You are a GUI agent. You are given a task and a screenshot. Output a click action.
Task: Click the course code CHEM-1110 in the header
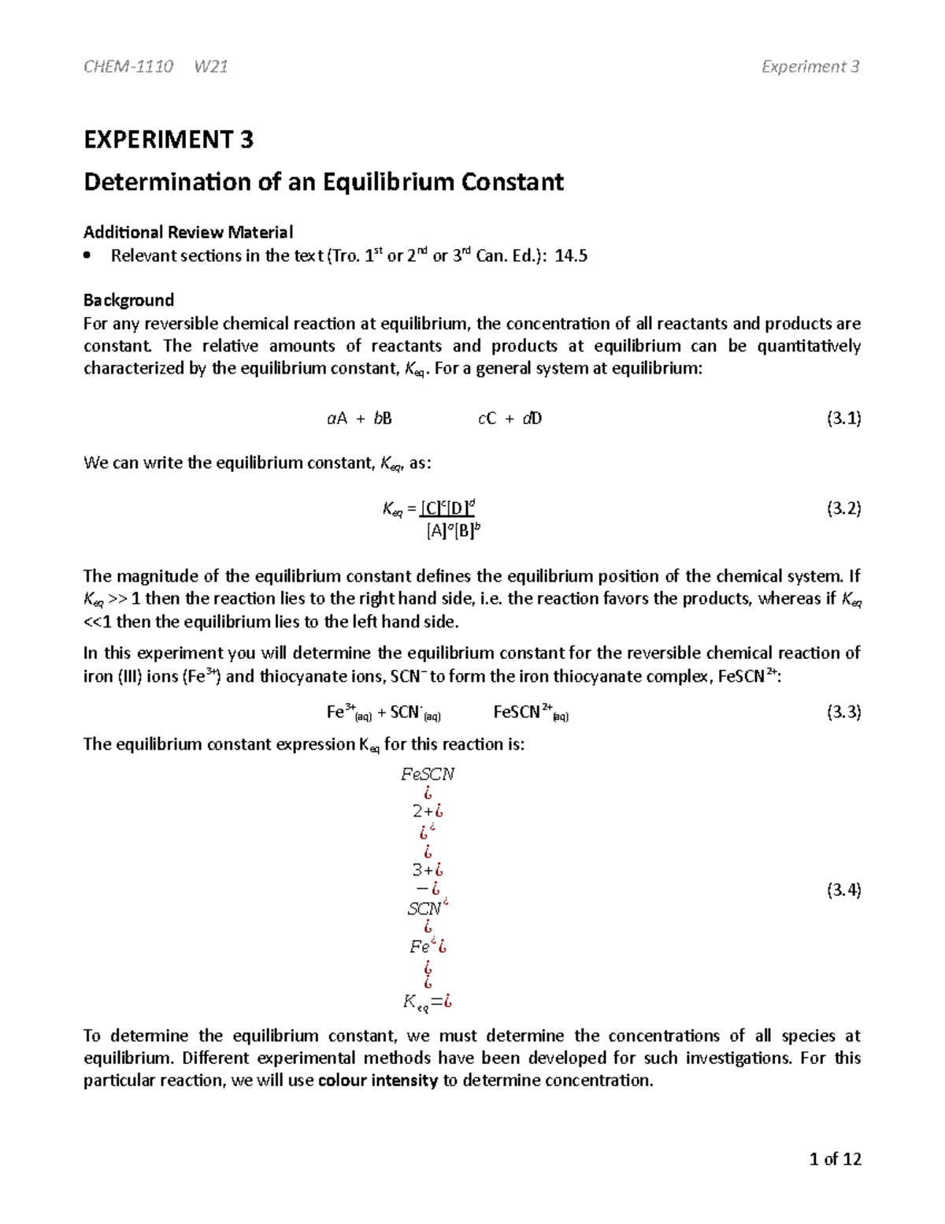point(128,67)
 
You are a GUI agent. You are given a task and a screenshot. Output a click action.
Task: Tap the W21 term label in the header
point(211,67)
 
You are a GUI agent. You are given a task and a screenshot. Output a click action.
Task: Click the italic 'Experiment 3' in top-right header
point(810,67)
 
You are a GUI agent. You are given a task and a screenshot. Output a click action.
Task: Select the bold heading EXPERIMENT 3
point(169,140)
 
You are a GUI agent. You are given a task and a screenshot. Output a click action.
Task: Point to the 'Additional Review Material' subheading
point(188,232)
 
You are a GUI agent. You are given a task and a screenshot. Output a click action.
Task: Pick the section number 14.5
point(571,255)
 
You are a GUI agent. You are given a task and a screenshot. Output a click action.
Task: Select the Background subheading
point(128,300)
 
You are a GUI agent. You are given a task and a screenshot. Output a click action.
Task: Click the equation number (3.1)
point(843,419)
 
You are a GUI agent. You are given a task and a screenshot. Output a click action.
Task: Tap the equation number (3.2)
point(843,508)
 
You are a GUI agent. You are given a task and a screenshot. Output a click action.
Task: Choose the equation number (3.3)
point(843,712)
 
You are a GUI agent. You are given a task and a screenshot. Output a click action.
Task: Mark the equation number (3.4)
point(843,891)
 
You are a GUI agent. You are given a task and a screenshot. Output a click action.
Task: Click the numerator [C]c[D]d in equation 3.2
point(447,508)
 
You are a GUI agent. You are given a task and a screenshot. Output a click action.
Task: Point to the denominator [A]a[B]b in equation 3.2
point(453,531)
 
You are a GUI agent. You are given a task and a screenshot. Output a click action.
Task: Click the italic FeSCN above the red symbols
point(428,774)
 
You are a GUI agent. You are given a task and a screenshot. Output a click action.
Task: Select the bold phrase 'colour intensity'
point(377,1081)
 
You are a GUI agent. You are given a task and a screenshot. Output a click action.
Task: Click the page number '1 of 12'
point(835,1159)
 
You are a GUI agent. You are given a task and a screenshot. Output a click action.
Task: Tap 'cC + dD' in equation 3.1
point(510,419)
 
